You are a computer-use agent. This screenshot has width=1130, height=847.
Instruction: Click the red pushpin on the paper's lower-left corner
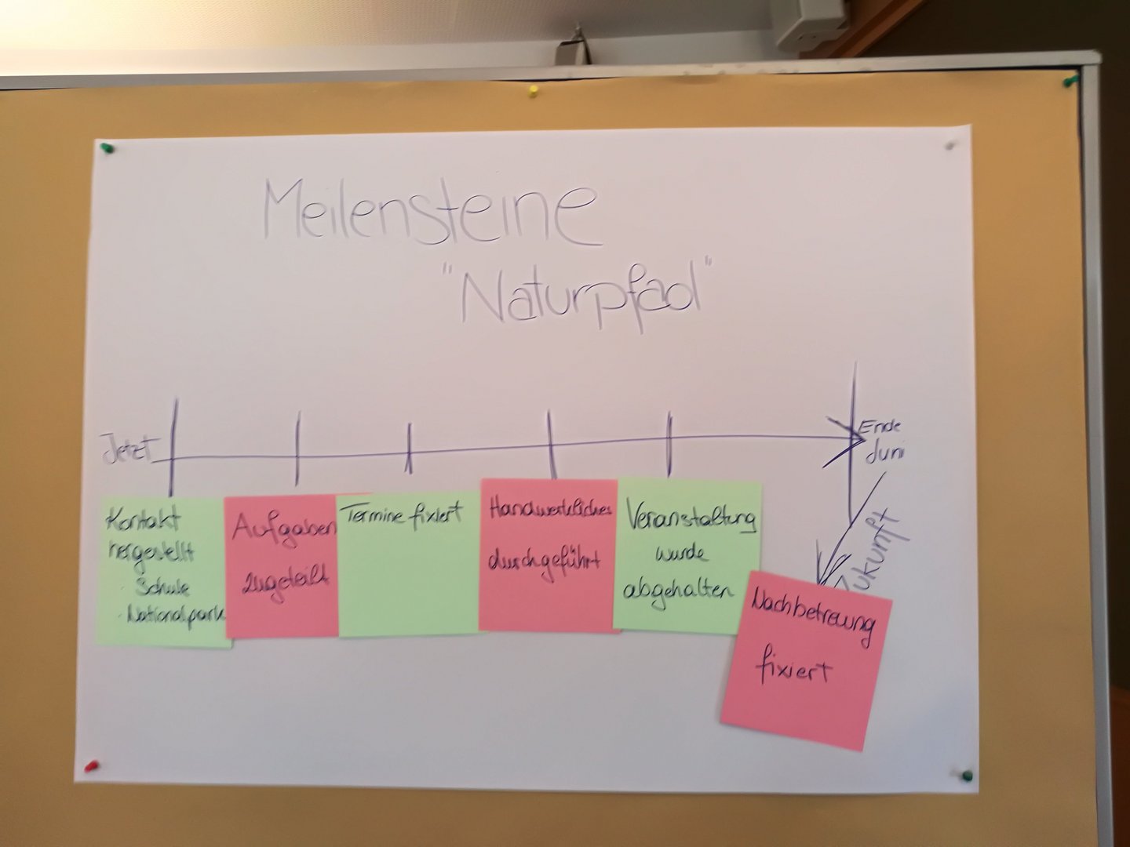click(91, 765)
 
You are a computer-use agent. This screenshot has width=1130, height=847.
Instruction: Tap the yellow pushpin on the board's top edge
click(533, 89)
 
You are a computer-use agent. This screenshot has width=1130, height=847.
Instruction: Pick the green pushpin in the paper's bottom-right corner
click(967, 775)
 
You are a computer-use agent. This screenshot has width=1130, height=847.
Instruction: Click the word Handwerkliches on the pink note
click(549, 511)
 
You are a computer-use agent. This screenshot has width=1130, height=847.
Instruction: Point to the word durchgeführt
click(545, 562)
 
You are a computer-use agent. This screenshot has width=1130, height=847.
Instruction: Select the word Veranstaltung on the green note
click(691, 518)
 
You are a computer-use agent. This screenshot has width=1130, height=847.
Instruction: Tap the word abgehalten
click(680, 591)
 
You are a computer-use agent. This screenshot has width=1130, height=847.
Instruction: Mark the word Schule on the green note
click(162, 587)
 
